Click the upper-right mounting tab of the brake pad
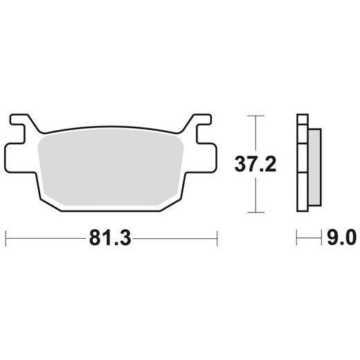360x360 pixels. (x=201, y=125)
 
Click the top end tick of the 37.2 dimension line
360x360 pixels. (x=256, y=116)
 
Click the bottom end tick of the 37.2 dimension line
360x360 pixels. (x=256, y=211)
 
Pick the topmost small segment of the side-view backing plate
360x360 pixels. (x=301, y=120)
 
